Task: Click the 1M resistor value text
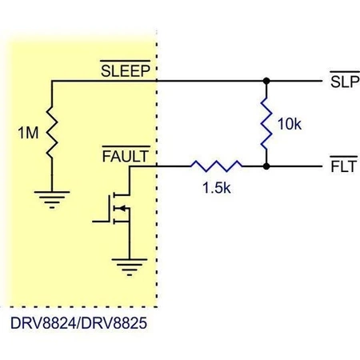pos(26,134)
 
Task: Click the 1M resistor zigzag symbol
pos(51,133)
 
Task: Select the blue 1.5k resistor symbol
pos(215,166)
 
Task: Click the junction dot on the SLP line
pos(265,81)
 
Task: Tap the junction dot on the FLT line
pos(265,166)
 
